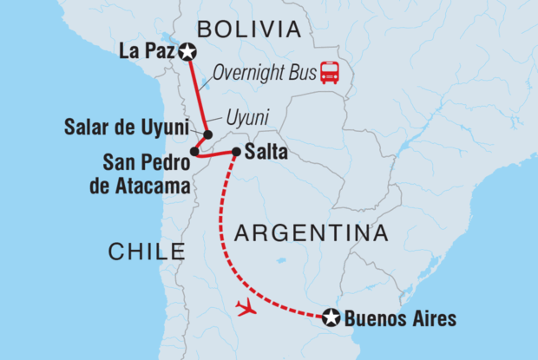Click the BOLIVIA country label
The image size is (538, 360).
pos(248,29)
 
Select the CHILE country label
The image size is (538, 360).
pos(147,252)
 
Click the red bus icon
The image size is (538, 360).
pos(330,73)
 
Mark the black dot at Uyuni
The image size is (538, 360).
pos(208,135)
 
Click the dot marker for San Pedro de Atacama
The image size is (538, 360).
pos(194,151)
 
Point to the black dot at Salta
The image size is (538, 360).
pos(236,152)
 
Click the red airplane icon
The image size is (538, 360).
pos(247,307)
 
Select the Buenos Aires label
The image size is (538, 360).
pos(400,318)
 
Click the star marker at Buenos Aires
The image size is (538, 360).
pos(331,318)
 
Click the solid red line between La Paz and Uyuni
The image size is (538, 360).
pos(196,91)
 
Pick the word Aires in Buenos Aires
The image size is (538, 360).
pos(434,318)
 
